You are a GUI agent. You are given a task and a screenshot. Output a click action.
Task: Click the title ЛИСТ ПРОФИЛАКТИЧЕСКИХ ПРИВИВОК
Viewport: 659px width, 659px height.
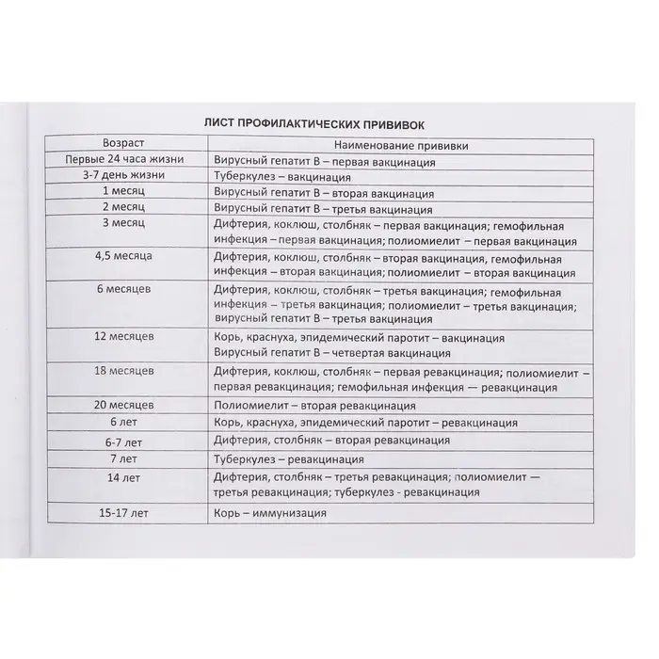click(329, 123)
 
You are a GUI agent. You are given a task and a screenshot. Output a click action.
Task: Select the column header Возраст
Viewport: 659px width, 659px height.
click(125, 143)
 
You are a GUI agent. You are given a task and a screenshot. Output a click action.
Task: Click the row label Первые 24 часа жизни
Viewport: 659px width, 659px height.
click(125, 159)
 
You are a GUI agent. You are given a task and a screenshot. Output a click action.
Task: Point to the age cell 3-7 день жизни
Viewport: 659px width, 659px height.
click(125, 175)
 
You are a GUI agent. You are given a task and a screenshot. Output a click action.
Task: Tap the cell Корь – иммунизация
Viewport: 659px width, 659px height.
click(270, 514)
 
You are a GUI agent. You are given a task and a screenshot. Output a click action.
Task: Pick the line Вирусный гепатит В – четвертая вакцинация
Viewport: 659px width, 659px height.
click(331, 354)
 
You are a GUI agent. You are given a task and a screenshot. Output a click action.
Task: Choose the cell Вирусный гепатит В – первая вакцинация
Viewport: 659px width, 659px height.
click(325, 161)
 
